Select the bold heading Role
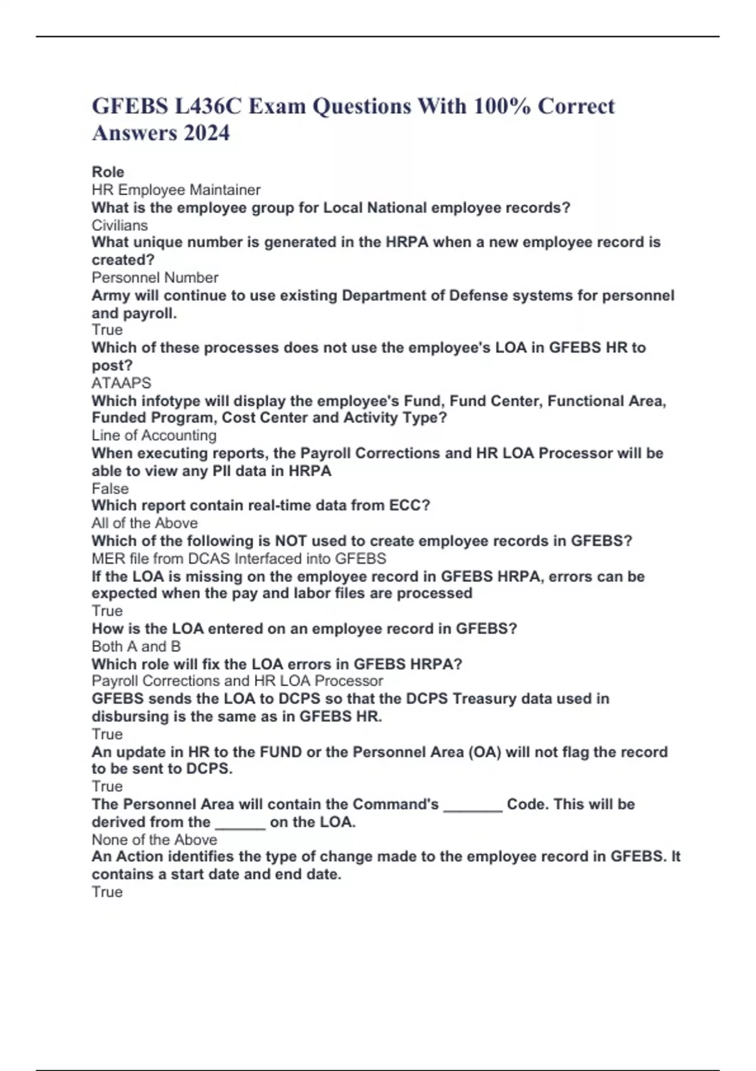pyautogui.click(x=108, y=172)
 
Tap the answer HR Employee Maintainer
pyautogui.click(x=176, y=190)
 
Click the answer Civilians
pyautogui.click(x=120, y=225)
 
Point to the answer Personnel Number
pyautogui.click(x=155, y=277)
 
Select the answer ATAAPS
pyautogui.click(x=122, y=383)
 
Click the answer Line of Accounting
pyautogui.click(x=154, y=435)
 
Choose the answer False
pyautogui.click(x=110, y=488)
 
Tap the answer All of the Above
pyautogui.click(x=144, y=523)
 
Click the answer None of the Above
pyautogui.click(x=154, y=840)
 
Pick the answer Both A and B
pyautogui.click(x=136, y=646)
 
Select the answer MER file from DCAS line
pyautogui.click(x=239, y=558)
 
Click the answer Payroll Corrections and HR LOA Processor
pyautogui.click(x=237, y=681)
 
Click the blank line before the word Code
pyautogui.click(x=472, y=805)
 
